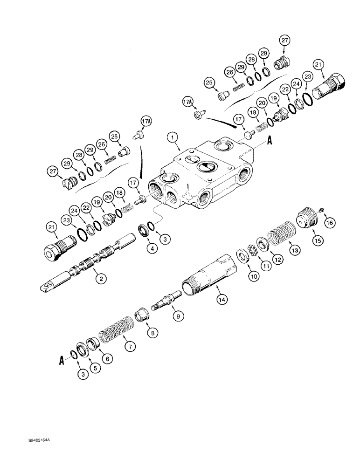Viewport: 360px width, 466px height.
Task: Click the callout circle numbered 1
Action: [x=173, y=137]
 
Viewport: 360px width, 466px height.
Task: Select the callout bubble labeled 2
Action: [x=99, y=279]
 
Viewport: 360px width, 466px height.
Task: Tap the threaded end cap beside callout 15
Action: [x=307, y=219]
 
